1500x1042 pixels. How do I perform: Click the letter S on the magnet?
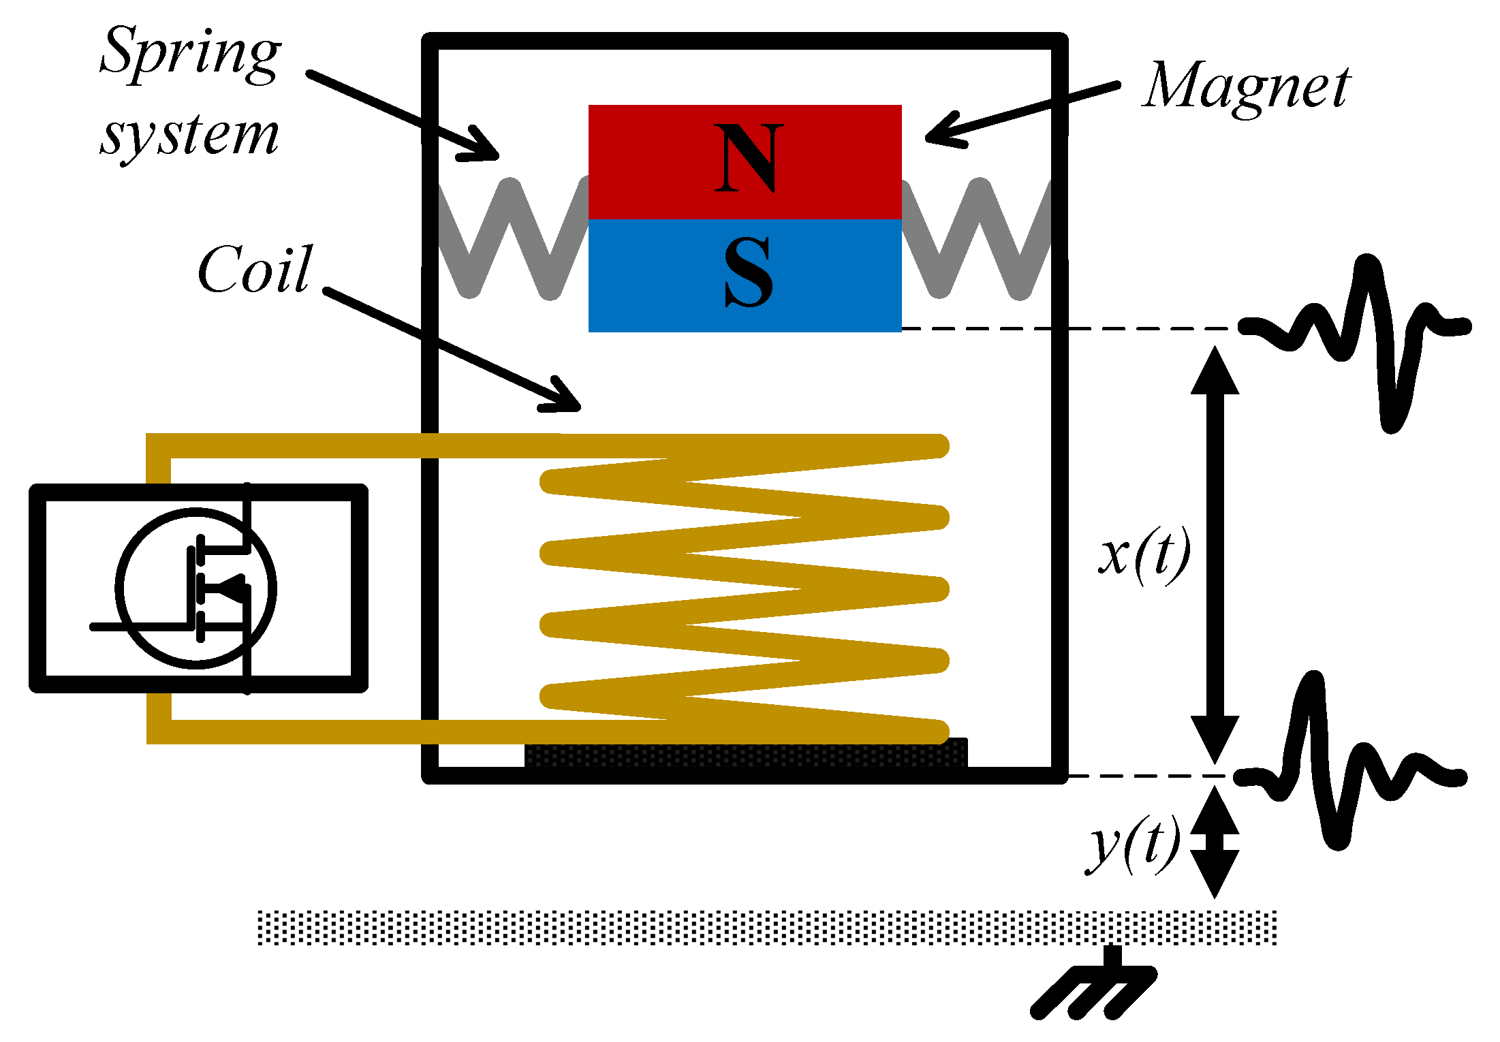[x=748, y=272]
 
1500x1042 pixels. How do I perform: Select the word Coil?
[x=254, y=271]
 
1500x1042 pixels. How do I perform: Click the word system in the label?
[x=189, y=135]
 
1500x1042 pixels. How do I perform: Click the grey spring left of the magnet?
[x=511, y=238]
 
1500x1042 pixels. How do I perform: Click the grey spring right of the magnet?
[x=978, y=238]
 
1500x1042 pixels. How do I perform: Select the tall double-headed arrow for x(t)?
[x=1215, y=555]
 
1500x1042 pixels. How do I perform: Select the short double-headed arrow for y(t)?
[x=1215, y=842]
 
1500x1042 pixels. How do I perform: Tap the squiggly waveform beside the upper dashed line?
[x=1356, y=334]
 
